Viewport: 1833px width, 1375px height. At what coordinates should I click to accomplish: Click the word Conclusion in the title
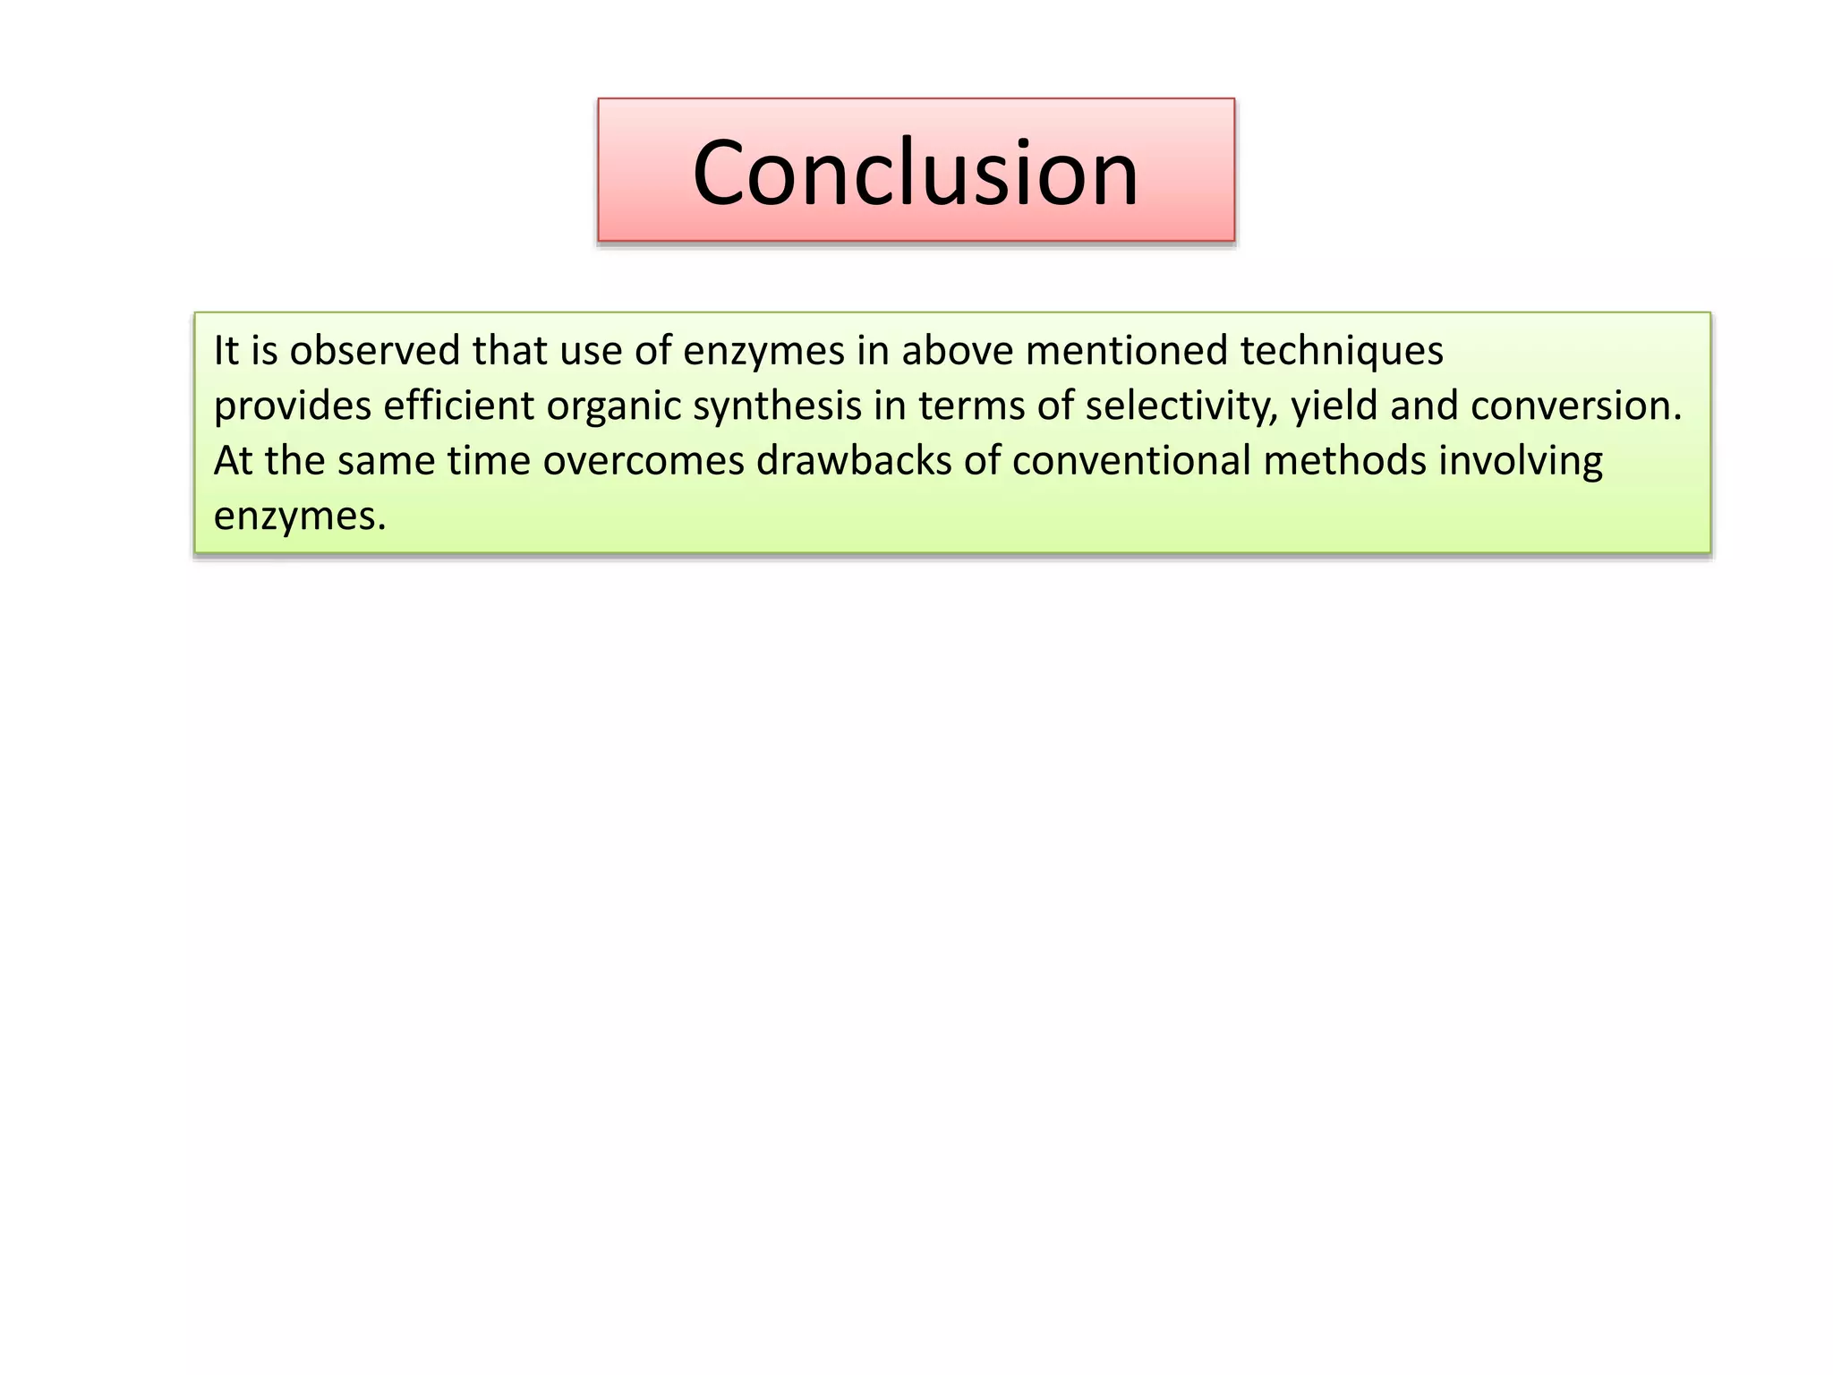click(x=915, y=172)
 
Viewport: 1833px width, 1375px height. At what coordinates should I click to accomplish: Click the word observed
click(x=374, y=350)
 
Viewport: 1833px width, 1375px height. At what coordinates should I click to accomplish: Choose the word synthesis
click(x=777, y=406)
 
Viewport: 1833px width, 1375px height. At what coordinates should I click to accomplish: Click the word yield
click(x=1333, y=406)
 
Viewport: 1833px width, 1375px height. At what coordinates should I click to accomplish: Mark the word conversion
click(x=1575, y=406)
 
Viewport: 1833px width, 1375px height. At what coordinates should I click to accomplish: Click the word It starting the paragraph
click(x=226, y=350)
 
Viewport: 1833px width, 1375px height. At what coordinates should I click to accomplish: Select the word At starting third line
click(x=233, y=461)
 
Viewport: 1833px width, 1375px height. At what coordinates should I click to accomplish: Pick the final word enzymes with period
click(x=299, y=517)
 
